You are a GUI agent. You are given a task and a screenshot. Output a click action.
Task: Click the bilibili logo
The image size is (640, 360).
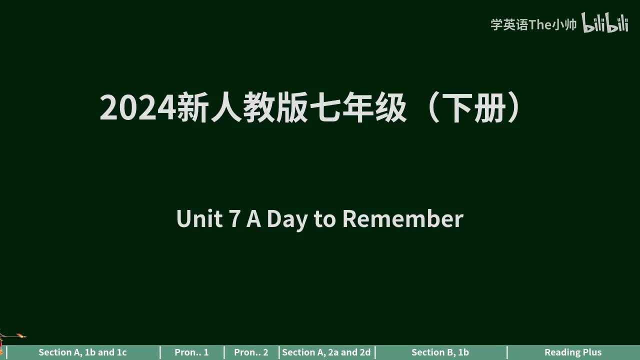605,23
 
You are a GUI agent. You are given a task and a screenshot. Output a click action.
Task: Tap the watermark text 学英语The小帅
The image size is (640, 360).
533,24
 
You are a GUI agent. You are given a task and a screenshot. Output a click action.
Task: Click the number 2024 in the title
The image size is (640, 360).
138,108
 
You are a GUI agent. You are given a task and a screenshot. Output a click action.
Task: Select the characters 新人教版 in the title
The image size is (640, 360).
242,108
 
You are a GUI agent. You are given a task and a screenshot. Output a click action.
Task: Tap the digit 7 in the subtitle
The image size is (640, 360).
234,219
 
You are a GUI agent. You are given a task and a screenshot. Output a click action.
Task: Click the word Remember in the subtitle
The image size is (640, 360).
402,219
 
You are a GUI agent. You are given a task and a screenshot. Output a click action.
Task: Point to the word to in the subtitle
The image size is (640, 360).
325,219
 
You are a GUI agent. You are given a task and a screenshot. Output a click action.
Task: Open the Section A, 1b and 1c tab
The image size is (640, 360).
82,352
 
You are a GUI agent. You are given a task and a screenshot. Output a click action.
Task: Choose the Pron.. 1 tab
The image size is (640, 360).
191,352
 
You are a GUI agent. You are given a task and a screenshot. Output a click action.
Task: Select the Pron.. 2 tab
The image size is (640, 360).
251,352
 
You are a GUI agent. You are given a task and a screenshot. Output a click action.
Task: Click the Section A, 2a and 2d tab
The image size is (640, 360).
326,352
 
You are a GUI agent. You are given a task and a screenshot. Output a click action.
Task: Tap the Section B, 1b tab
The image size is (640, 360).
440,352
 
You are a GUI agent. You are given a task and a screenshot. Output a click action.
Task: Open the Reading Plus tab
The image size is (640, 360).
573,352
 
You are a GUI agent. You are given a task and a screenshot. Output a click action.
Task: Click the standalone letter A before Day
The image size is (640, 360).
254,219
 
